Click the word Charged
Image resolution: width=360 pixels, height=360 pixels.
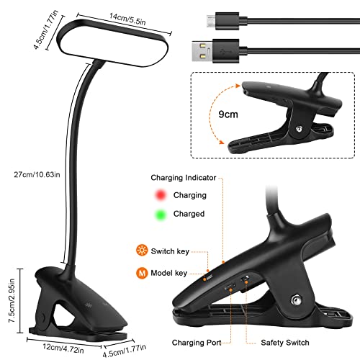coord(189,214)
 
